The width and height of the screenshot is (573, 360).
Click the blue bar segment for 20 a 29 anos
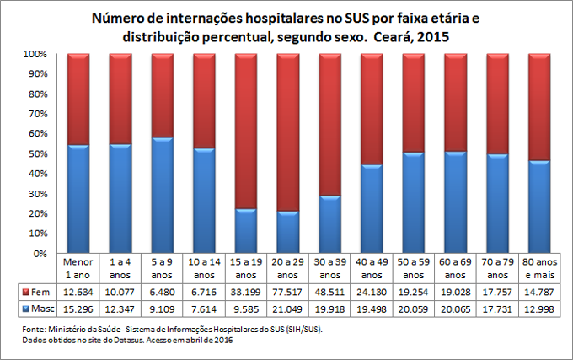pyautogui.click(x=288, y=232)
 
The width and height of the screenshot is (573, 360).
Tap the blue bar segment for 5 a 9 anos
pyautogui.click(x=162, y=195)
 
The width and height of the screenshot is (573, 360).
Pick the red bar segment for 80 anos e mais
pyautogui.click(x=539, y=106)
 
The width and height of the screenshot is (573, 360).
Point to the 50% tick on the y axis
pyautogui.click(x=39, y=153)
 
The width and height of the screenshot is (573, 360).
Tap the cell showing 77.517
pyautogui.click(x=288, y=292)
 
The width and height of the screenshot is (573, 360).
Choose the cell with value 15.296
pyautogui.click(x=78, y=308)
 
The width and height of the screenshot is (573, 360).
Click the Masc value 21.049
pyautogui.click(x=288, y=308)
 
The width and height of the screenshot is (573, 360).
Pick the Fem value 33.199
pyautogui.click(x=246, y=292)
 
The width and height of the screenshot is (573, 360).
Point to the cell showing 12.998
pyautogui.click(x=539, y=308)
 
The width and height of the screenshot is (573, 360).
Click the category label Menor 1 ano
pyautogui.click(x=78, y=268)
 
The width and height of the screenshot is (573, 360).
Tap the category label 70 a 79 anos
pyautogui.click(x=497, y=268)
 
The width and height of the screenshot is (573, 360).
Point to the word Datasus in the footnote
pyautogui.click(x=125, y=340)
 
